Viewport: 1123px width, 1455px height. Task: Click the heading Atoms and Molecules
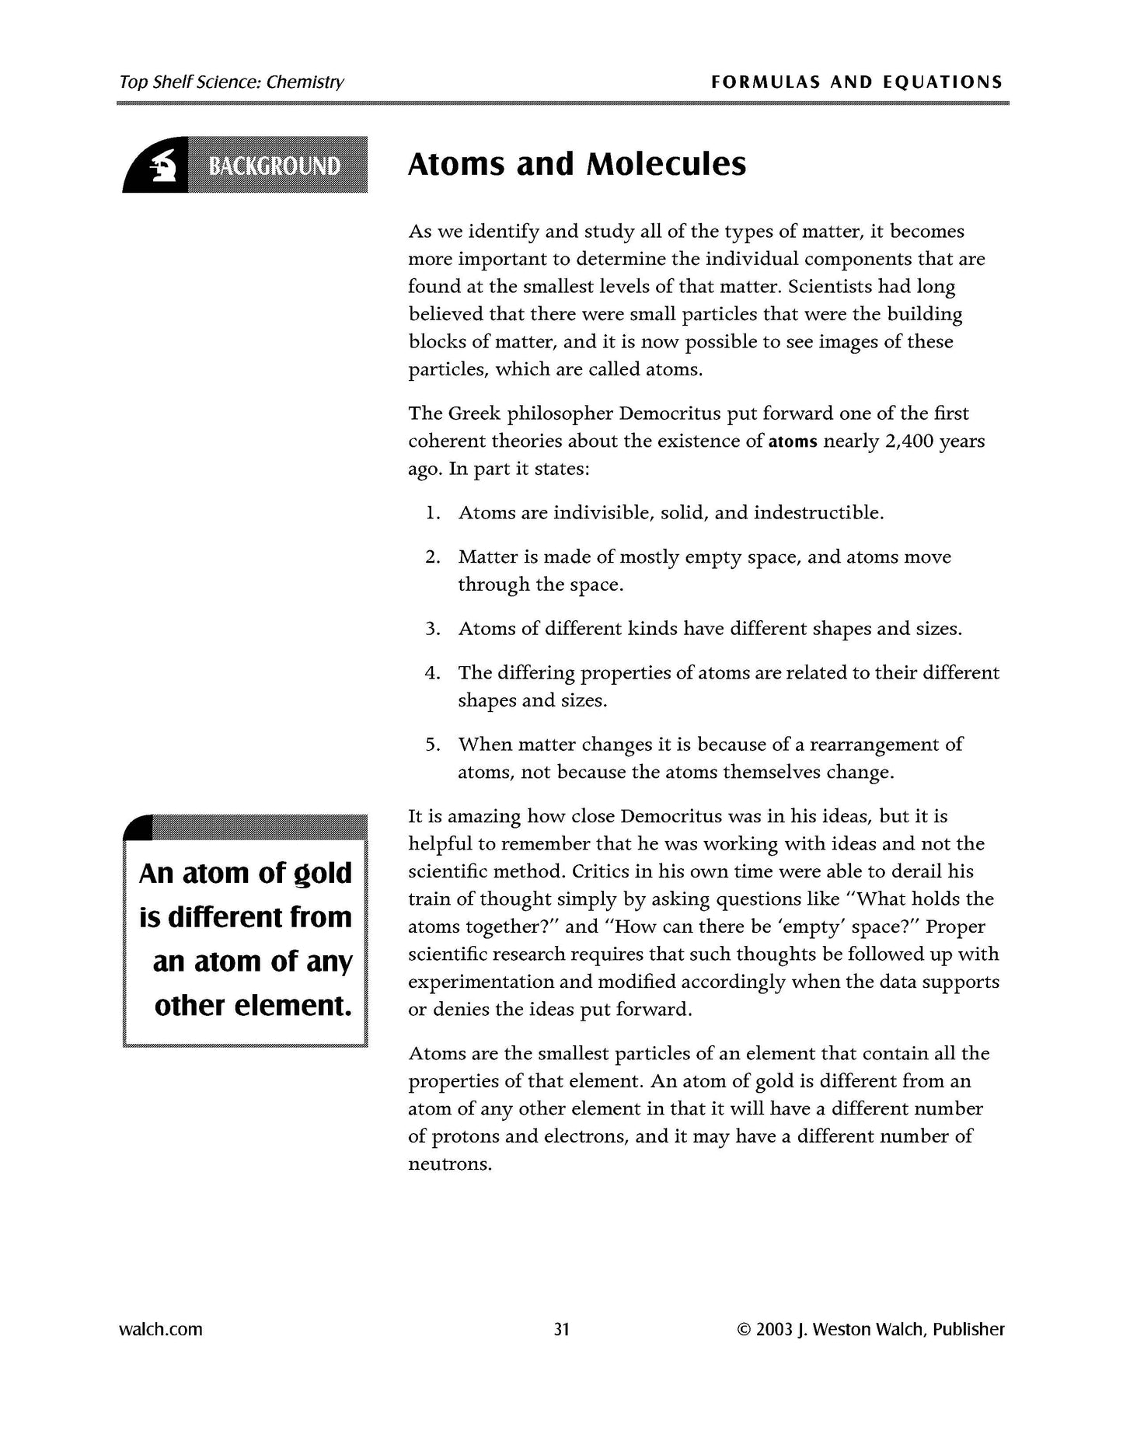[x=577, y=165]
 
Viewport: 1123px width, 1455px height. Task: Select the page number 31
[x=561, y=1329]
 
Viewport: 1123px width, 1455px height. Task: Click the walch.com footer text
[x=160, y=1329]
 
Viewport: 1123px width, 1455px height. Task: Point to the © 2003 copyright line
[x=870, y=1329]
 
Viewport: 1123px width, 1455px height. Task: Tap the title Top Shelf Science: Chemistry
[x=232, y=82]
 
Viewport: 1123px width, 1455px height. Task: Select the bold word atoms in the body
[x=793, y=442]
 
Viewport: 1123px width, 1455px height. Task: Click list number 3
[x=433, y=629]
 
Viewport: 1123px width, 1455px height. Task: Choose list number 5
[x=433, y=745]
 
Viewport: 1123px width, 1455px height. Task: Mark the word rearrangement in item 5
[x=874, y=745]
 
